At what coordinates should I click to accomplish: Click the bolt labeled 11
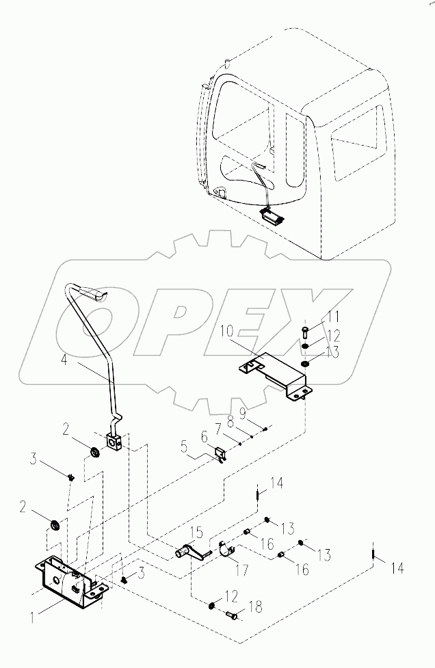click(x=305, y=334)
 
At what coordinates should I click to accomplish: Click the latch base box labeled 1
click(x=65, y=579)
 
